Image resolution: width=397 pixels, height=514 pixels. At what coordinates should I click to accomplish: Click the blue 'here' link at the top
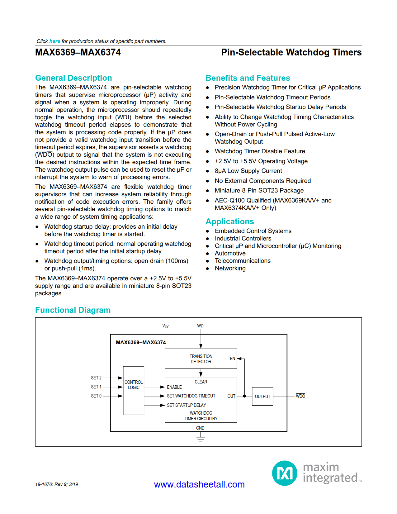coord(54,41)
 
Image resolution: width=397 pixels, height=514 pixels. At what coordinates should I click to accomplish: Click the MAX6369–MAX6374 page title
coord(78,52)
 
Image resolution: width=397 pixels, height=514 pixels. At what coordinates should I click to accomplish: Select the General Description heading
coord(73,78)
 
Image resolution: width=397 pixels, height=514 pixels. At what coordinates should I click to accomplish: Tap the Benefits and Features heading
coord(248,78)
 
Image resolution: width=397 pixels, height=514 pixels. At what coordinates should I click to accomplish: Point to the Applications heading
coord(229,221)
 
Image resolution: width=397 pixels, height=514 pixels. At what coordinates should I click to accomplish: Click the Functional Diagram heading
coord(73,310)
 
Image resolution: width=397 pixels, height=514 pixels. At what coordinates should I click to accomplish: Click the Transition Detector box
coord(201,359)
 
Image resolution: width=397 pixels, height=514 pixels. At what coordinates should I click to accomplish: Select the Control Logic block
coord(134,391)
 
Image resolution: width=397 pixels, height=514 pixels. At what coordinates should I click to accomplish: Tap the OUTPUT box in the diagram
coord(262,396)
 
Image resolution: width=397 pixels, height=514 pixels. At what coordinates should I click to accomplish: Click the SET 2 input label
coord(96,378)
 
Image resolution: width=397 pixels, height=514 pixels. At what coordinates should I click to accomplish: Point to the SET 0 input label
coord(96,396)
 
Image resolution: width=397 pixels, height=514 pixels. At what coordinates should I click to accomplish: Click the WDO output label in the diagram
coord(300,396)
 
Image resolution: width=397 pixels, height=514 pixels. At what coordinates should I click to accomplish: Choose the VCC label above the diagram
coord(166,326)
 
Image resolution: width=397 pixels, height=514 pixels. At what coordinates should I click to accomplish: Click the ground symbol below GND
coord(201,439)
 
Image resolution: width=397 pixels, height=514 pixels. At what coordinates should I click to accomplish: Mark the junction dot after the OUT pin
coord(244,396)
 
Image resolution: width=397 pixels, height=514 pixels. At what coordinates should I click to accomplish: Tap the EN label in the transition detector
coord(232,359)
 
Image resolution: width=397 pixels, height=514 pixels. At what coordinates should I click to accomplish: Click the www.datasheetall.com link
coord(199,484)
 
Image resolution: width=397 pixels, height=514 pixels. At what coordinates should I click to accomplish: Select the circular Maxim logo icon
coord(285,473)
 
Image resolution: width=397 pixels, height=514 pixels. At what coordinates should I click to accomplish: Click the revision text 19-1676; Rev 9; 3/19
coord(57,484)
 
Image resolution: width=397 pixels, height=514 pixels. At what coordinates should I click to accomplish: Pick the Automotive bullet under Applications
coord(230,253)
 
